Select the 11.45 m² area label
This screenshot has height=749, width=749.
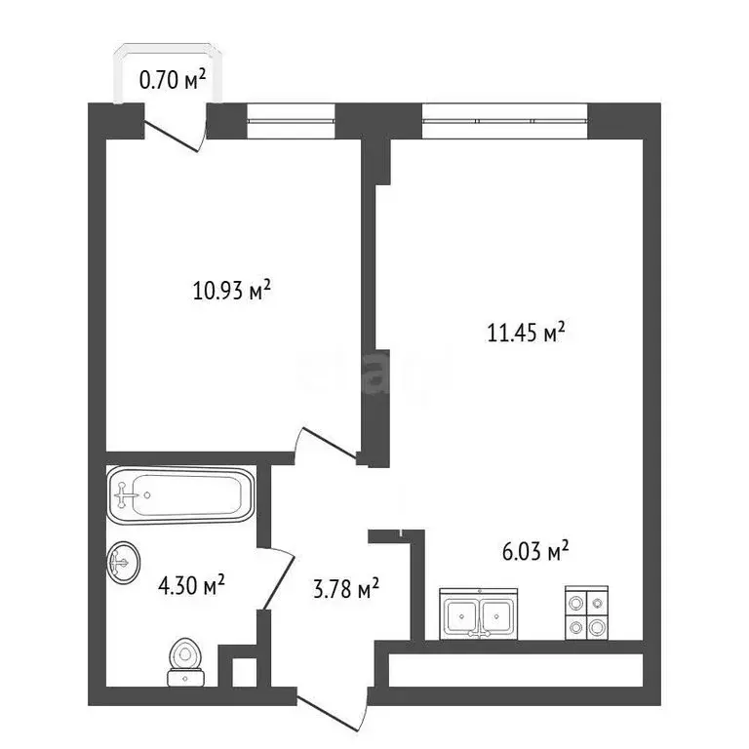click(x=527, y=334)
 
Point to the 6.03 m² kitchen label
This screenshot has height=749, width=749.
click(x=530, y=553)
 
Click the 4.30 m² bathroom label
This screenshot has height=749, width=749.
click(x=191, y=585)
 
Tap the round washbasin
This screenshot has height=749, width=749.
click(x=124, y=562)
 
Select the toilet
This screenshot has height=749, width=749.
click(x=182, y=661)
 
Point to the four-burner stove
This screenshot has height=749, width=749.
click(x=587, y=614)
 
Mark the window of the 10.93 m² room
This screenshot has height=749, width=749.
click(x=291, y=120)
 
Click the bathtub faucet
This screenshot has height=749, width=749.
click(x=125, y=494)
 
